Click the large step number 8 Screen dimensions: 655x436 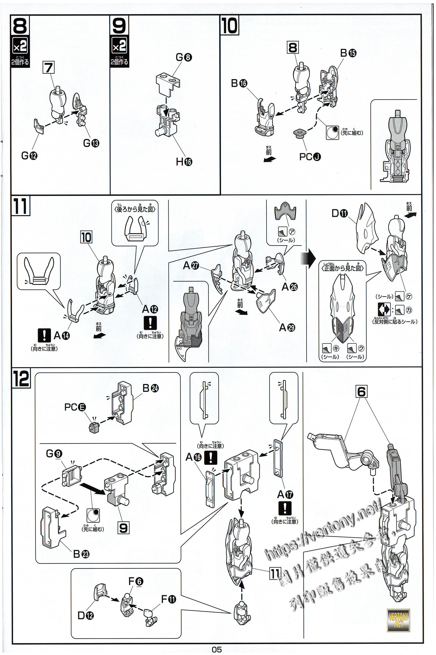pos(20,26)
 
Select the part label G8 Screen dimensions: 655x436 pos(183,57)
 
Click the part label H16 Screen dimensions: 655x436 pos(184,162)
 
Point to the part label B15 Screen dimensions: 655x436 pos(348,53)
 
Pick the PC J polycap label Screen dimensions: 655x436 pos(310,157)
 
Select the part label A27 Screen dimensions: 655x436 pos(191,265)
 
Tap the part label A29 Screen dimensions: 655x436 pos(287,327)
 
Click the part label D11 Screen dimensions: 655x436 pos(340,213)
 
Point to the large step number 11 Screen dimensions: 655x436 pos(21,206)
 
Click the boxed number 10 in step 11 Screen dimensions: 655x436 pos(86,237)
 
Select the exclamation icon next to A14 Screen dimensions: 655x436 pos(44,335)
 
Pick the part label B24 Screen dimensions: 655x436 pos(150,388)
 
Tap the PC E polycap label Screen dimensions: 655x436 pos(75,407)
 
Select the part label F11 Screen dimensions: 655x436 pos(168,599)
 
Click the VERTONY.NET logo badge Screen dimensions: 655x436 pos(398,620)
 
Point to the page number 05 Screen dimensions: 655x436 pos(217,650)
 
